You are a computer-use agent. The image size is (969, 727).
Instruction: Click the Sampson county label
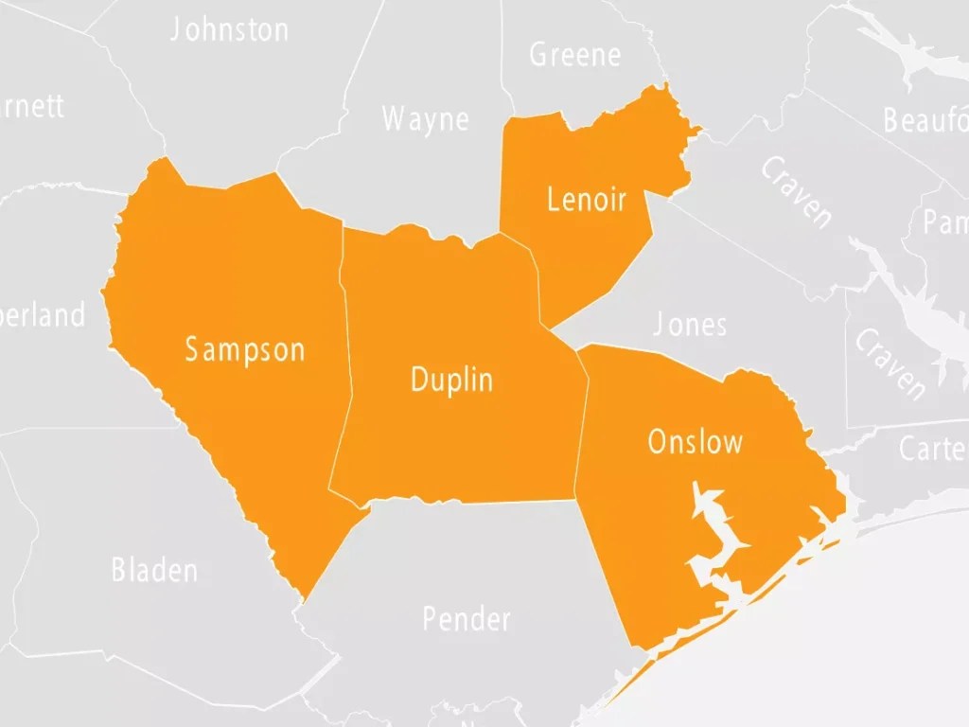coord(245,349)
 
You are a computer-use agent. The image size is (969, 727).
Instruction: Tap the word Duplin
coord(451,380)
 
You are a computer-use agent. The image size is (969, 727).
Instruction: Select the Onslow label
coord(695,442)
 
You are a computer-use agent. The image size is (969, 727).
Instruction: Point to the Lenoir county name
coord(587,200)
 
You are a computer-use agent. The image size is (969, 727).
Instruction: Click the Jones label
coord(690,325)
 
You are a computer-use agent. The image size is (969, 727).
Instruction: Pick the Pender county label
coord(467,619)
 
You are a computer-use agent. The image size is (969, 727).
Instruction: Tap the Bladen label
coord(154,570)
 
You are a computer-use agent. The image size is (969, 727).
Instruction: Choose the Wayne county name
coord(425,119)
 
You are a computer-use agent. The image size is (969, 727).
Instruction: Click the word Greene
coord(574,55)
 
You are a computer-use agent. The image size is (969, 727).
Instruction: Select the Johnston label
coord(229,29)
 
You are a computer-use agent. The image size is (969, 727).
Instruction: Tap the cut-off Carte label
coord(933,448)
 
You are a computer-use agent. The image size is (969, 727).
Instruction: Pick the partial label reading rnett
coord(33,105)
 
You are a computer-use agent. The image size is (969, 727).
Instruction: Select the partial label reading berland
coord(43,314)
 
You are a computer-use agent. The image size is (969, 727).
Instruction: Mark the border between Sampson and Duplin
coord(346,360)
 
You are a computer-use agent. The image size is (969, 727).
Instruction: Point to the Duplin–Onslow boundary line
coord(581,426)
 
